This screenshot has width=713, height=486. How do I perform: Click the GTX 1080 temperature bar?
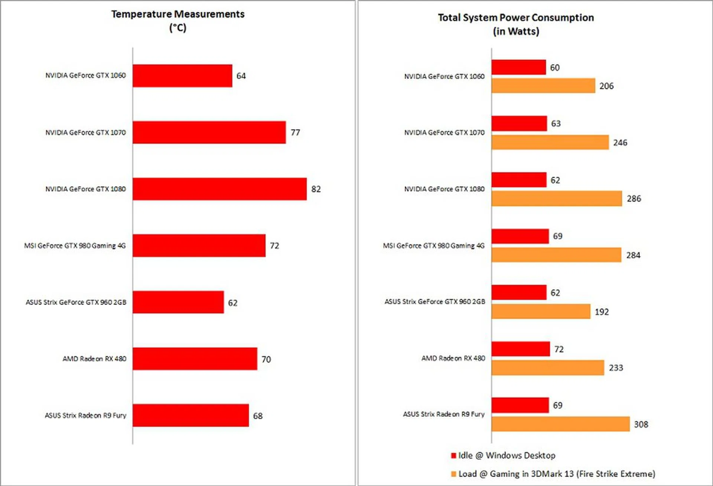pyautogui.click(x=219, y=189)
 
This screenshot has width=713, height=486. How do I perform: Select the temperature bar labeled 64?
pyautogui.click(x=182, y=76)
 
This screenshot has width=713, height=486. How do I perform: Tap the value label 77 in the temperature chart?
pyautogui.click(x=295, y=132)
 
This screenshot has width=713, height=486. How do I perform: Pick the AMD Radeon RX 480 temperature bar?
pyautogui.click(x=195, y=359)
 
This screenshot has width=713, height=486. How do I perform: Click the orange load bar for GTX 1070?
pyautogui.click(x=550, y=142)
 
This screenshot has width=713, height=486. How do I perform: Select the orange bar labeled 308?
pyautogui.click(x=560, y=424)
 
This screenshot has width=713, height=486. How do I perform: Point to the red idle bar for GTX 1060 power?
pyautogui.click(x=518, y=67)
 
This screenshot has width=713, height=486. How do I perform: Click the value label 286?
pyautogui.click(x=634, y=199)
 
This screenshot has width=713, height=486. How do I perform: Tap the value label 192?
pyautogui.click(x=602, y=312)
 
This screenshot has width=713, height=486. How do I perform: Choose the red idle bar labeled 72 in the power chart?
pyautogui.click(x=520, y=349)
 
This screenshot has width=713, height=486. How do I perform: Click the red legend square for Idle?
pyautogui.click(x=453, y=456)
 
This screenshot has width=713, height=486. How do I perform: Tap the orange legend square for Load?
pyautogui.click(x=453, y=474)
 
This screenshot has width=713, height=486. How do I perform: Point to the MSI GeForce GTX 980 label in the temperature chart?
pyautogui.click(x=75, y=246)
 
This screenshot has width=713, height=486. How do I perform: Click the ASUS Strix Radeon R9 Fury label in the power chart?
pyautogui.click(x=444, y=414)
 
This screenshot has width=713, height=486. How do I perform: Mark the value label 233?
pyautogui.click(x=616, y=368)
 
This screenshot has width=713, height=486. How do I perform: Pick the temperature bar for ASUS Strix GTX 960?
pyautogui.click(x=178, y=302)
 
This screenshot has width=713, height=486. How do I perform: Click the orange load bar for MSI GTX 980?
pyautogui.click(x=556, y=255)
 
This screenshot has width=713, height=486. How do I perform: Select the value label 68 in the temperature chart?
pyautogui.click(x=258, y=416)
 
